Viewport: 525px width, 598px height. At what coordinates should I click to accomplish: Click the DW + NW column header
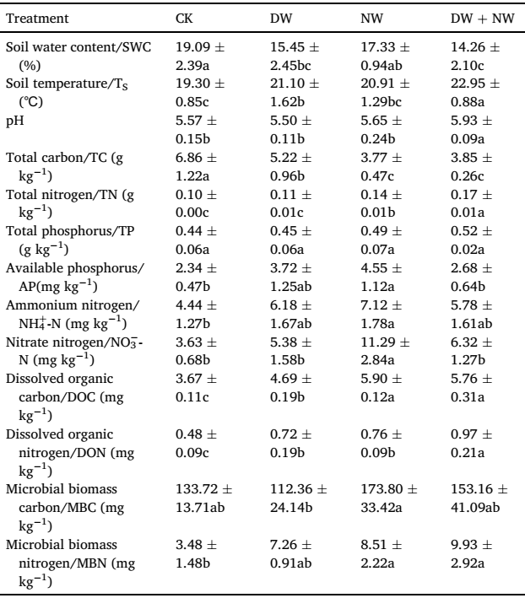[482, 19]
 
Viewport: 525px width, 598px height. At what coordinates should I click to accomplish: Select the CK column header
[184, 19]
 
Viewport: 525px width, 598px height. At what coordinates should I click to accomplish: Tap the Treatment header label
[37, 19]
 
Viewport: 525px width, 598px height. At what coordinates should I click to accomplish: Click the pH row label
[15, 121]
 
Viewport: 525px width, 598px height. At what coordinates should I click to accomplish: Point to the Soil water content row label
[78, 56]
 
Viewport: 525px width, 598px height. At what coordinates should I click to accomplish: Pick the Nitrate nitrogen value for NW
[385, 351]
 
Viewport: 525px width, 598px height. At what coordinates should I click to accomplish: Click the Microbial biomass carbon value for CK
[203, 498]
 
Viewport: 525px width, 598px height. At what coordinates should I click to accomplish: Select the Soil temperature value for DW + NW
[475, 93]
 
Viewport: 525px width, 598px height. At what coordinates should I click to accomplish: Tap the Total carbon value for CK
[196, 167]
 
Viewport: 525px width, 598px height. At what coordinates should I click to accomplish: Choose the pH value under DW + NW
[471, 130]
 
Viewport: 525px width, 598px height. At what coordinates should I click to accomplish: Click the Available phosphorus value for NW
[382, 277]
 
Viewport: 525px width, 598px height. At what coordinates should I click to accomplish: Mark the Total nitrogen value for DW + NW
[471, 203]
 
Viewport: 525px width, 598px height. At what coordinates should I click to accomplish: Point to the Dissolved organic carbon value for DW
[290, 387]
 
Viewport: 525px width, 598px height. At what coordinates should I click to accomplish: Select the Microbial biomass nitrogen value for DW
[290, 554]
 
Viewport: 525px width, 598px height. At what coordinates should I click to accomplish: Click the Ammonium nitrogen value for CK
[196, 315]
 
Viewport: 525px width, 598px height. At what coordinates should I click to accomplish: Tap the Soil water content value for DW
[295, 56]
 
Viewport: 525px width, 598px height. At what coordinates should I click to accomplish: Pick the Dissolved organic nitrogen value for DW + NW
[471, 443]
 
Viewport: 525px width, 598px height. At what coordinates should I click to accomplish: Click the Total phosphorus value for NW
[382, 240]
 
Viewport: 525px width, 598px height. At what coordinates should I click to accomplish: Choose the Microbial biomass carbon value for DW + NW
[479, 498]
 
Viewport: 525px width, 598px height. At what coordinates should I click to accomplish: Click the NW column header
[371, 19]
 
